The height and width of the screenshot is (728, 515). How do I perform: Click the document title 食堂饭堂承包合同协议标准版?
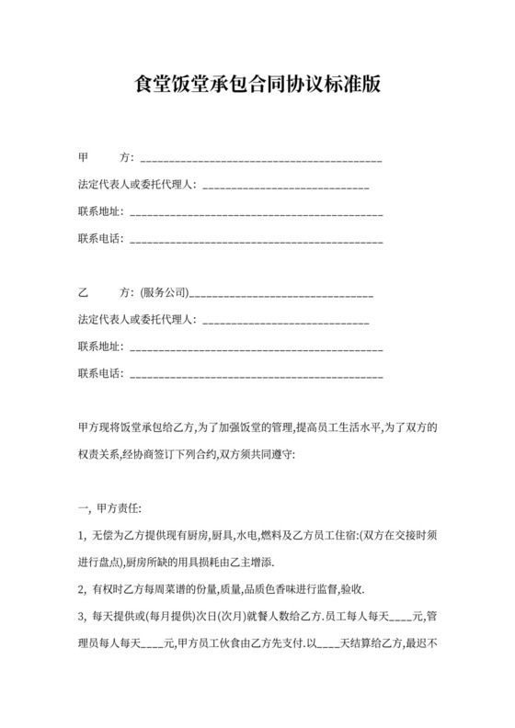(257, 85)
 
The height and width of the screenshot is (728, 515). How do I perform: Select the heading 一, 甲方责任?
(109, 507)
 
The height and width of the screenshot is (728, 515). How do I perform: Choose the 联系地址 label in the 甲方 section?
(100, 213)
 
